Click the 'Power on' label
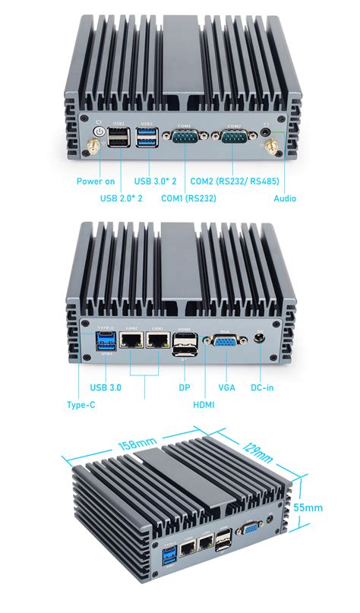click(96, 181)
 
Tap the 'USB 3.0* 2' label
click(156, 181)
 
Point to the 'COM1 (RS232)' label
click(189, 199)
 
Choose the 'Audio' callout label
click(285, 199)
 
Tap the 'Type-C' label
click(81, 405)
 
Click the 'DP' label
click(184, 387)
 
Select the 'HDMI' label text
click(203, 405)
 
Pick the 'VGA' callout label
click(226, 387)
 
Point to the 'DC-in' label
click(263, 387)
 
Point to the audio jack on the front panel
click(265, 131)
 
